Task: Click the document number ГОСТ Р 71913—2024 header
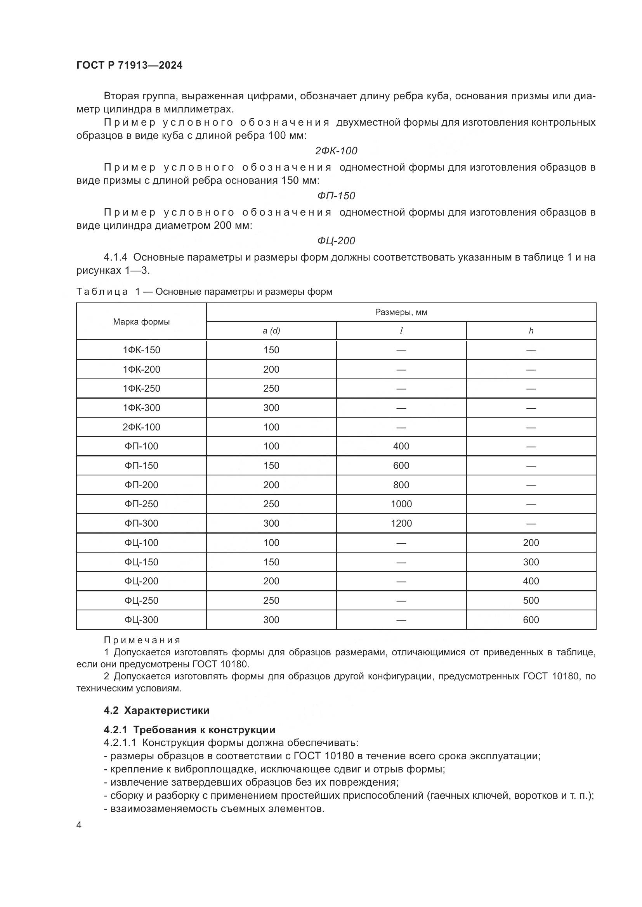(129, 65)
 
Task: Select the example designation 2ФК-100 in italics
(336, 150)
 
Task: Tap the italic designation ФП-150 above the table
(336, 195)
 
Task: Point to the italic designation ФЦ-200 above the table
(336, 240)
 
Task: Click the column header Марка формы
(141, 321)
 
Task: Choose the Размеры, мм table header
(401, 312)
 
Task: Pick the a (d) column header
(271, 331)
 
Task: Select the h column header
(531, 331)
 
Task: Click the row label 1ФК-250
(141, 388)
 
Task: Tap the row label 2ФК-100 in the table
(141, 427)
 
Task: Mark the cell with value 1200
(401, 523)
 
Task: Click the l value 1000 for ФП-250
(401, 504)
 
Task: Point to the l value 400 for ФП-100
(401, 446)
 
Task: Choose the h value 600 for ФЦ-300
(531, 619)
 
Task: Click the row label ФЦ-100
(141, 542)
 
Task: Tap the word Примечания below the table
(142, 640)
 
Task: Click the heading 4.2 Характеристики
(156, 710)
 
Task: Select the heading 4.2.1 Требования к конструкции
(189, 730)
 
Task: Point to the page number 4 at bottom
(79, 825)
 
